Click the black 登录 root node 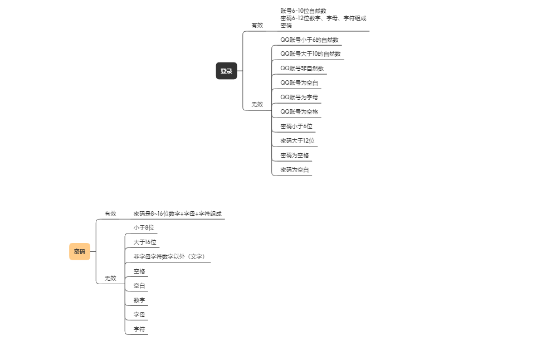point(226,71)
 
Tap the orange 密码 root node point(80,251)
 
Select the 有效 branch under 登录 point(257,25)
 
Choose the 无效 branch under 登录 point(257,104)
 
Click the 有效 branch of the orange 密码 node point(110,213)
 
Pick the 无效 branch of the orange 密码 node point(110,278)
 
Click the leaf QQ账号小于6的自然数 point(309,40)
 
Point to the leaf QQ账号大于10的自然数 point(310,54)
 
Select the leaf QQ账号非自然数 point(302,69)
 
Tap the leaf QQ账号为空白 point(299,83)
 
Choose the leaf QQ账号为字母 point(299,98)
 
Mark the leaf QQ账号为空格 point(299,112)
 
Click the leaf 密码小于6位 point(296,127)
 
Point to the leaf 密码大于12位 point(298,141)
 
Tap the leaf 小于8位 point(143,228)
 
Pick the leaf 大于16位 point(145,242)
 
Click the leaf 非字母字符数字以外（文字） point(169,257)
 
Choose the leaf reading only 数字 point(139,300)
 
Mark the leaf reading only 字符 point(139,329)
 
